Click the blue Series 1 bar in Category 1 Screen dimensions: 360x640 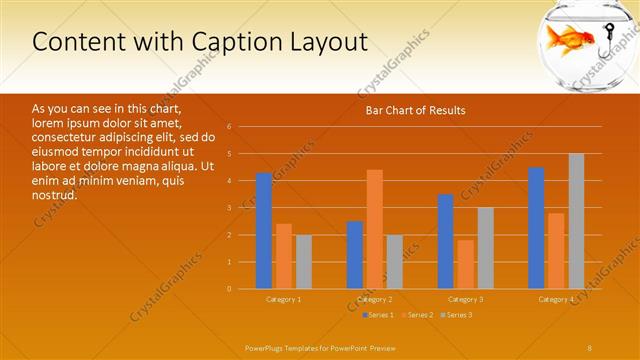(264, 231)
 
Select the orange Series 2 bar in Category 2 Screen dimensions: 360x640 (374, 229)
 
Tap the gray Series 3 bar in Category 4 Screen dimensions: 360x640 (576, 221)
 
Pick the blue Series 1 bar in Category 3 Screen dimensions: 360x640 (446, 241)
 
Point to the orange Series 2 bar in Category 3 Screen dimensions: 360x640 (465, 264)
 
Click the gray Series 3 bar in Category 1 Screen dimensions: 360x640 (303, 262)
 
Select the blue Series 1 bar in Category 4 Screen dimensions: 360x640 (536, 228)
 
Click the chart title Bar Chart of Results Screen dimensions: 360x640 (413, 110)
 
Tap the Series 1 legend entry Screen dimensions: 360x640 (378, 315)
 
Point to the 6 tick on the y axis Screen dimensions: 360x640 (229, 127)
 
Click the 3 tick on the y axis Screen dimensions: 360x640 (229, 208)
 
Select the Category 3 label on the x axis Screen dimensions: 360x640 (465, 299)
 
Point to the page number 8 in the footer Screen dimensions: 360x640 (590, 346)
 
